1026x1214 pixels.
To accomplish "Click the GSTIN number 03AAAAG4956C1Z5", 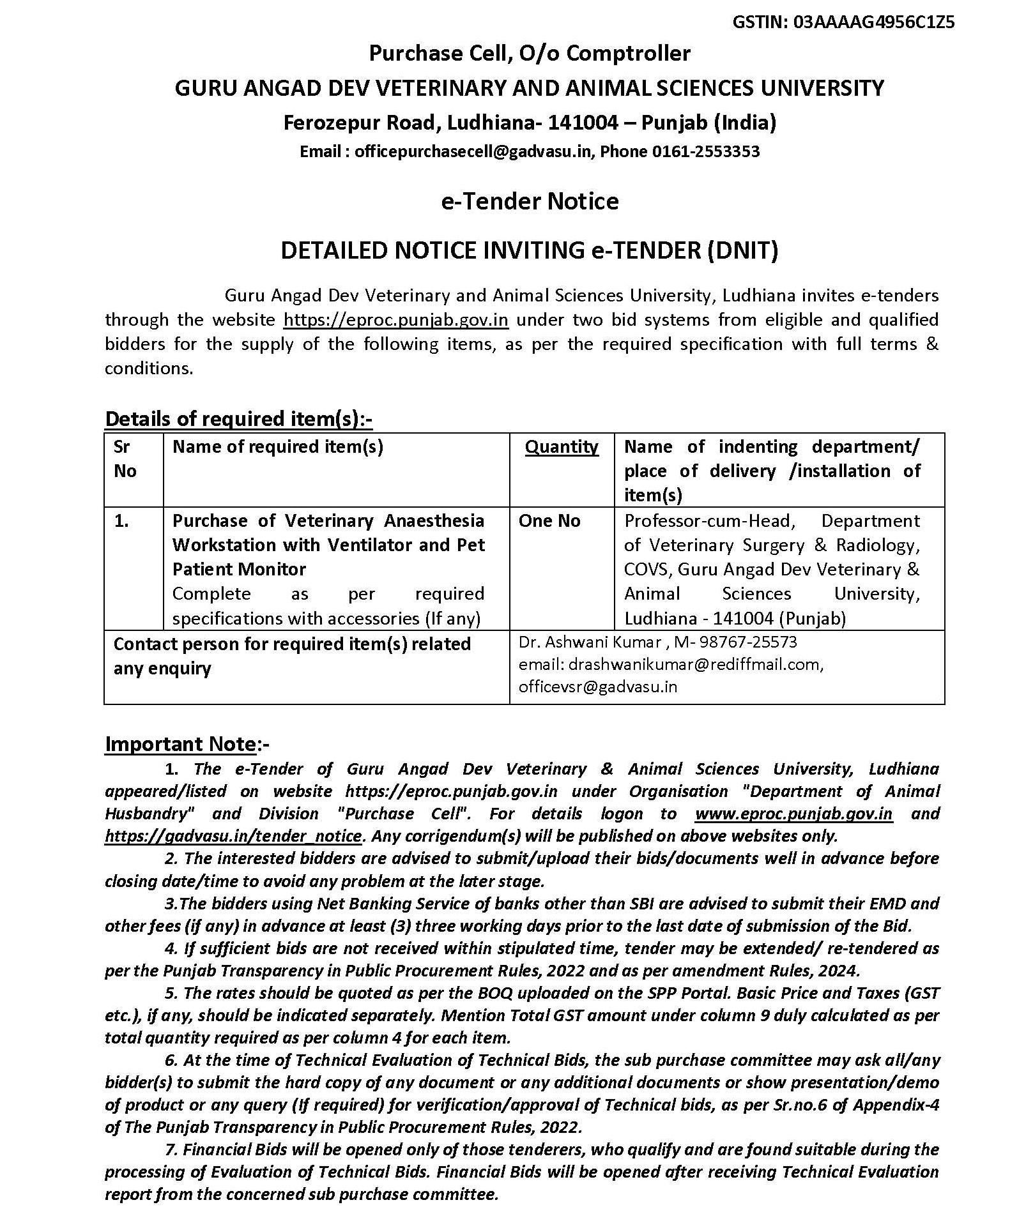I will point(874,22).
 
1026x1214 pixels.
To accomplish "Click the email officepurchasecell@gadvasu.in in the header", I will point(474,151).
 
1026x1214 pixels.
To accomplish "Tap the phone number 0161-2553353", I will point(705,151).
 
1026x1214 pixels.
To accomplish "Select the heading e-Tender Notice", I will point(530,201).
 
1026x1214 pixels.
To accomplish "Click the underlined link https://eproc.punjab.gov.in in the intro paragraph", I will point(395,319).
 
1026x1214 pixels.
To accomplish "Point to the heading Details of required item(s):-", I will point(238,419).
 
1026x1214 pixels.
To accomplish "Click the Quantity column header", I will point(562,446).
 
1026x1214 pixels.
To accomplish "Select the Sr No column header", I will point(125,459).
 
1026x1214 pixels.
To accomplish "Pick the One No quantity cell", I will point(549,521).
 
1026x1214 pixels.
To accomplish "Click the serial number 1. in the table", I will point(121,521).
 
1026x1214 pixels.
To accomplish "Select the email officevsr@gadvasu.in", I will point(598,687).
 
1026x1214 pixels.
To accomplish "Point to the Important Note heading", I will point(181,744).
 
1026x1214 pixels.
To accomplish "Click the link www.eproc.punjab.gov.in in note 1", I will point(793,814).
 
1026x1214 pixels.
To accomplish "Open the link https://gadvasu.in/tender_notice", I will point(234,836).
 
